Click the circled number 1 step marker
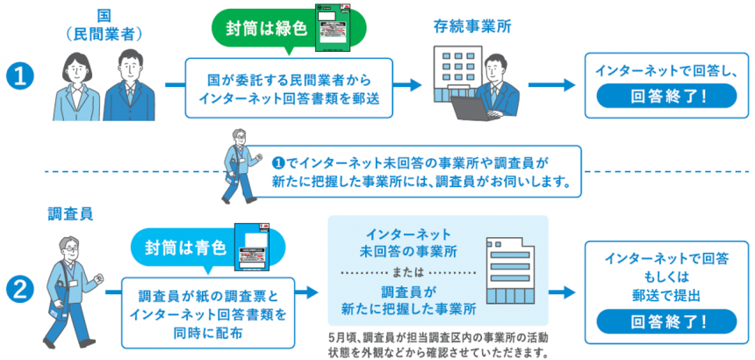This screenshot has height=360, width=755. (18, 77)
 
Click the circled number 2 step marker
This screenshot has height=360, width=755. (18, 287)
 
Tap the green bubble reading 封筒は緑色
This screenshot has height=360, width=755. (262, 27)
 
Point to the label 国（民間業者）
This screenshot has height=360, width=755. (104, 24)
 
